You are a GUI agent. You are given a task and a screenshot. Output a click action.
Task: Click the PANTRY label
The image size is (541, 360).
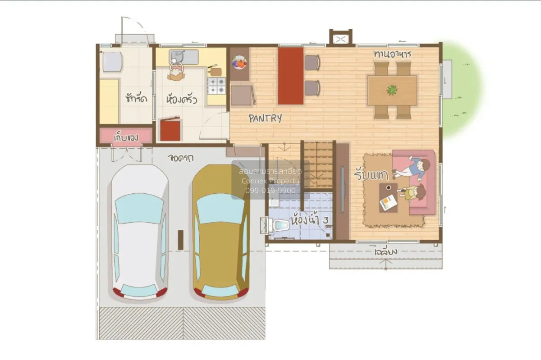(266, 118)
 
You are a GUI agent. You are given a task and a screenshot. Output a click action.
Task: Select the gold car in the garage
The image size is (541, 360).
(220, 232)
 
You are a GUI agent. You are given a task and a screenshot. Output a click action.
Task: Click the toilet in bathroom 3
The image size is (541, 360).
(280, 224)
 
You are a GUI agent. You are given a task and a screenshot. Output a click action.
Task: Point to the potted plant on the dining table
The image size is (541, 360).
(392, 90)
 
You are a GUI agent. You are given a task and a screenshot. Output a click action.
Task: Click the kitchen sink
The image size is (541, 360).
(184, 57)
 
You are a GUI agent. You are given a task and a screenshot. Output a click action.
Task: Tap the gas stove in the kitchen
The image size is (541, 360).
(216, 86)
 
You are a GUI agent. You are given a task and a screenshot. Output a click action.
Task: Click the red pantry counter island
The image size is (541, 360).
(290, 76)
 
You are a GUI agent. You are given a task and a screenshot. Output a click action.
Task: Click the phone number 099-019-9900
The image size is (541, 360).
(270, 191)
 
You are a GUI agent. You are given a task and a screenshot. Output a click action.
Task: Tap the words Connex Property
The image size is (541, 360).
(270, 181)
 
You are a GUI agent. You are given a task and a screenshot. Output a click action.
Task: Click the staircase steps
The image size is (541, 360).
(318, 164)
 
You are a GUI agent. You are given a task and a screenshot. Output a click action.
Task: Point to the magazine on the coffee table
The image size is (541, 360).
(388, 203)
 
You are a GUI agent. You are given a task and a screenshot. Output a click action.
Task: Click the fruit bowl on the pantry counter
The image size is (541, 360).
(239, 63)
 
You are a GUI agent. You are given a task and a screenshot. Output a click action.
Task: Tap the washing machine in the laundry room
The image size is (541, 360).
(112, 62)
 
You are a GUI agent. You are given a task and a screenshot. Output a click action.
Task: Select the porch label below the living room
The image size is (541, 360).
(385, 251)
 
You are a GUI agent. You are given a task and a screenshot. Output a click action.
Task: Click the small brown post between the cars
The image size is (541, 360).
(180, 239)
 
